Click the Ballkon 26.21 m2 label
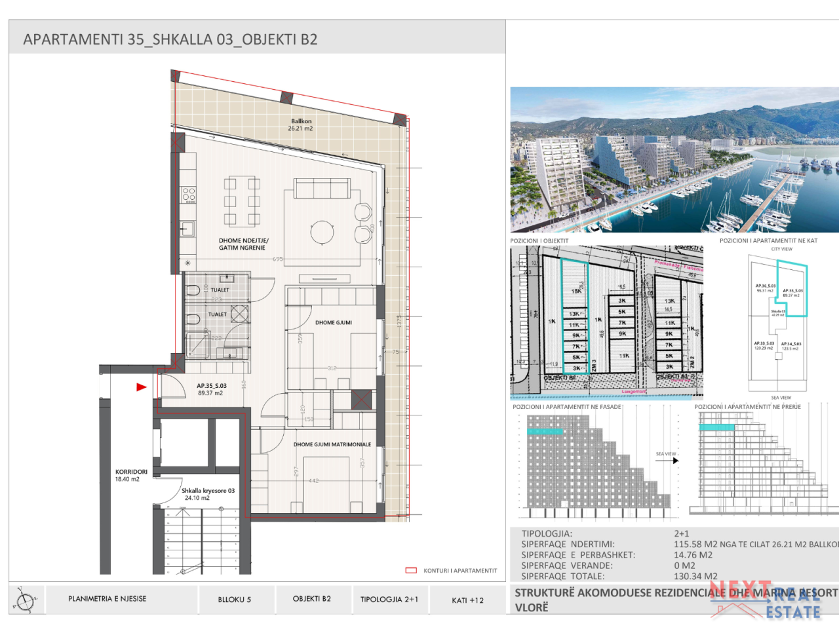point(301,124)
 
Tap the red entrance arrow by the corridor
point(141,387)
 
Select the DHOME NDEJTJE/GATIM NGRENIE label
point(243,244)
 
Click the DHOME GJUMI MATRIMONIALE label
point(332,444)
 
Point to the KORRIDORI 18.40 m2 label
point(130,475)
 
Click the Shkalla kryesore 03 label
point(207,494)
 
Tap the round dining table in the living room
point(322,232)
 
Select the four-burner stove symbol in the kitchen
point(189,194)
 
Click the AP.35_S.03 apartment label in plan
point(211,389)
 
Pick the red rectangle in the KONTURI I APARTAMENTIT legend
point(411,571)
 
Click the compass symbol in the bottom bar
point(26,600)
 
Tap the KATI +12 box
point(467,600)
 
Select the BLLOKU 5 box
point(234,600)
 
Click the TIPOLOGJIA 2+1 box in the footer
point(389,600)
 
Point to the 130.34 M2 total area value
point(695,577)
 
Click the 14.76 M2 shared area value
point(693,555)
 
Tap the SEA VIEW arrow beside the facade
point(667,460)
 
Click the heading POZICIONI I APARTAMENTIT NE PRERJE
point(747,407)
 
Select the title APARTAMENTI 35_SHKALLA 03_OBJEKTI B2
point(170,39)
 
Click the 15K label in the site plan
point(576,292)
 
